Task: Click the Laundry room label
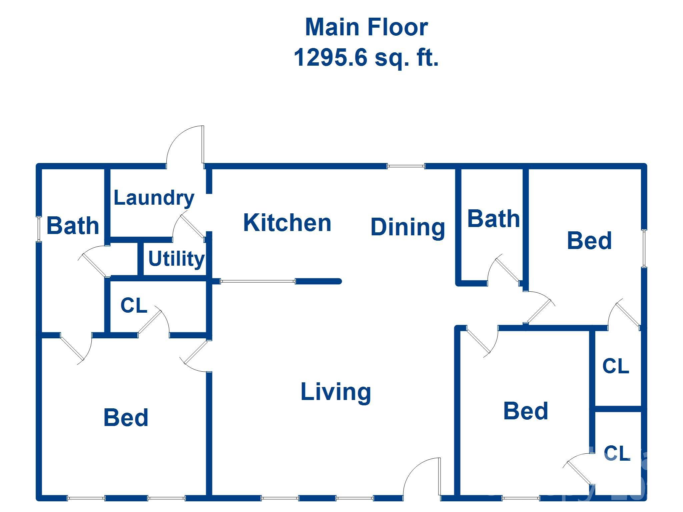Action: coord(154,198)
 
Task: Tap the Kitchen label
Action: coord(287,223)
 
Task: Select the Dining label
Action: coord(408,227)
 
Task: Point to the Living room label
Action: coord(335,392)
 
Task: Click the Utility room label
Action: coord(176,258)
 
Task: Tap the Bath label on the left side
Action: coord(73,226)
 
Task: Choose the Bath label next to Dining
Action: coord(494,219)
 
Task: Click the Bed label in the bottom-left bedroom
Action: coord(126,417)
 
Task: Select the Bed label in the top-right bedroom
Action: coord(589,241)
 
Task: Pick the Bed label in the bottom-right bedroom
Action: coord(526,411)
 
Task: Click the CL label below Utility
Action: coord(134,305)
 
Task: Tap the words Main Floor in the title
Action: coord(366,27)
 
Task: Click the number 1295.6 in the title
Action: coord(330,57)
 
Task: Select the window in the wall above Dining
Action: coord(406,166)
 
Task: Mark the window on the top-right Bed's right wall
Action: coord(644,248)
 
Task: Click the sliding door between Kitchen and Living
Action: coord(257,281)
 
